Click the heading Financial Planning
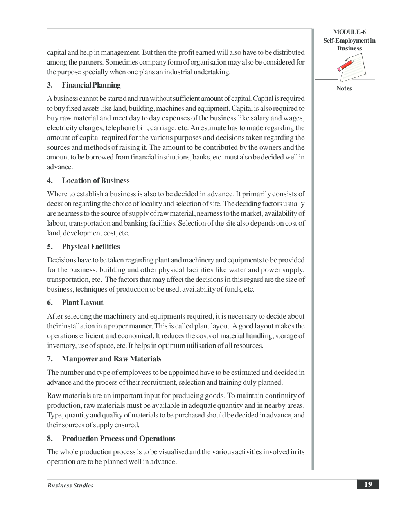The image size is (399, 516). click(91, 85)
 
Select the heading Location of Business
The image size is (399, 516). click(95, 181)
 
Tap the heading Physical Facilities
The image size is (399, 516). click(91, 247)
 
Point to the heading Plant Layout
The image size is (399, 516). click(83, 303)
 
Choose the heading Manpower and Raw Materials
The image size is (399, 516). click(111, 359)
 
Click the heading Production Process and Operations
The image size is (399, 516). click(119, 439)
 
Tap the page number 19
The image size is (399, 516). click(368, 484)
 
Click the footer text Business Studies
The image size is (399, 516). click(70, 486)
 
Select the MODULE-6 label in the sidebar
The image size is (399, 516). click(349, 32)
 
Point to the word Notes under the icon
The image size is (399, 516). click(344, 88)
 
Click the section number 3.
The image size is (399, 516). click(50, 85)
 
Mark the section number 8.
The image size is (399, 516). click(50, 439)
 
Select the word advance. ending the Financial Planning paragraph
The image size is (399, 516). click(60, 167)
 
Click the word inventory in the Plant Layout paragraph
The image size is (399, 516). click(61, 346)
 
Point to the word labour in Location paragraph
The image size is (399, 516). click(57, 223)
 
